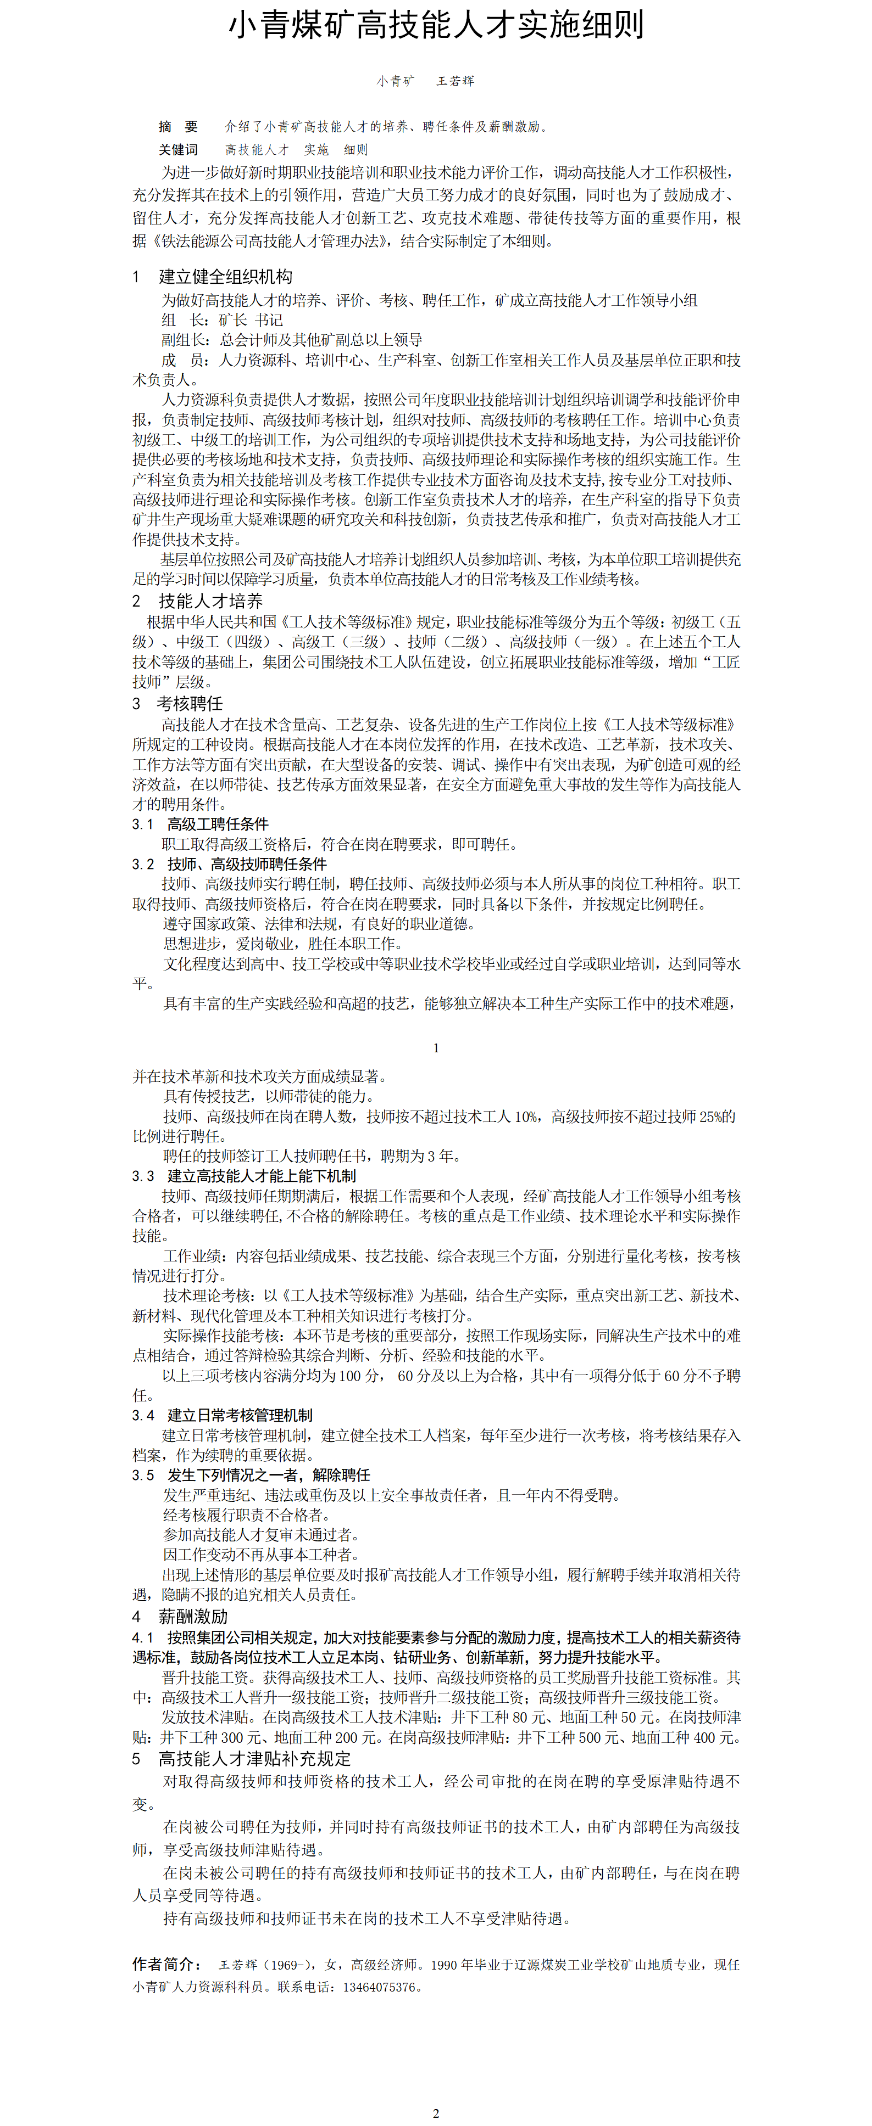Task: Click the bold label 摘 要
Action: click(179, 126)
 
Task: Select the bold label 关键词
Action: click(179, 149)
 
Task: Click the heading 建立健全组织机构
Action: click(225, 277)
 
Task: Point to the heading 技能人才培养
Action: click(210, 601)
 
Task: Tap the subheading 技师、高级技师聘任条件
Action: click(246, 864)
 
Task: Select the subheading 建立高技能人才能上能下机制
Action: click(261, 1176)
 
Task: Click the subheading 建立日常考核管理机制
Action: click(240, 1415)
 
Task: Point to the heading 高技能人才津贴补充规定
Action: click(254, 1759)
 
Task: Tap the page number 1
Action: click(436, 1048)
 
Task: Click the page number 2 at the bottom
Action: click(436, 2113)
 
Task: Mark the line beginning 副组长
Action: click(292, 340)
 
